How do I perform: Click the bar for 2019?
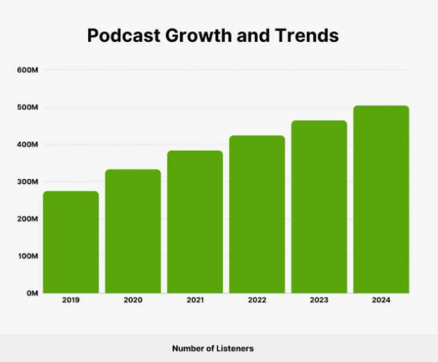point(71,242)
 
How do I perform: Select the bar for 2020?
point(133,231)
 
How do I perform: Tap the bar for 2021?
point(195,222)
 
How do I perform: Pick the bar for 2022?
point(257,215)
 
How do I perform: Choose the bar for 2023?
point(319,207)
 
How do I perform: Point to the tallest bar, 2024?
point(381,199)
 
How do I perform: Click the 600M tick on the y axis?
point(29,70)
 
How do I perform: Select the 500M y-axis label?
point(29,107)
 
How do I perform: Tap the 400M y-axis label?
point(29,144)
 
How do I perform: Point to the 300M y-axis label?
point(29,181)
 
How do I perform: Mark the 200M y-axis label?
point(29,218)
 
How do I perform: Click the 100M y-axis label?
point(29,256)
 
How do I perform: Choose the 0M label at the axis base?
point(32,293)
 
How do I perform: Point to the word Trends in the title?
point(307,36)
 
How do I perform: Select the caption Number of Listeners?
point(213,349)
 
